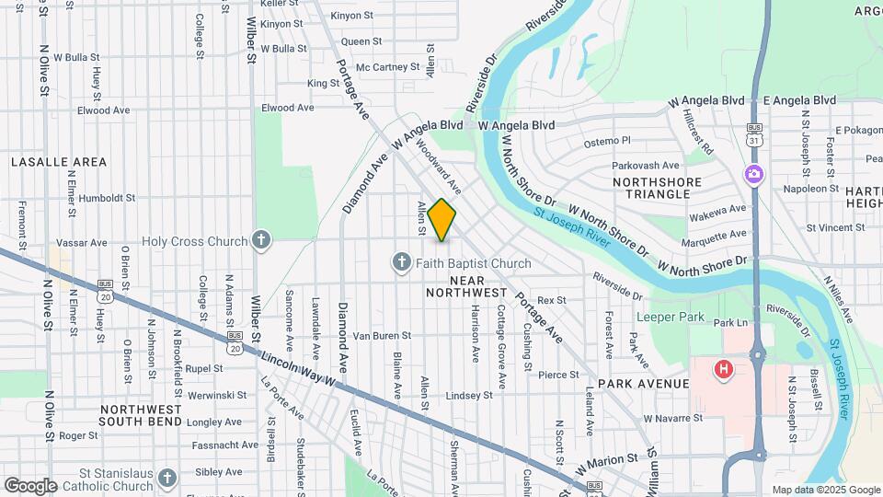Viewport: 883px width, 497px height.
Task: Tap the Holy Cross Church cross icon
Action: (x=262, y=241)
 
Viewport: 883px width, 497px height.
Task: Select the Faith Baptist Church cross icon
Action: (x=401, y=263)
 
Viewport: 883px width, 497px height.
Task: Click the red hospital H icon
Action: (x=724, y=370)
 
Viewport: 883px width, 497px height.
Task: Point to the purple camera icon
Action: (x=753, y=173)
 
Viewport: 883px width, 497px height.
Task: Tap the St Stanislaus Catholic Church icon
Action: (x=166, y=478)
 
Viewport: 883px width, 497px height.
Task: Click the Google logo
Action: (x=30, y=485)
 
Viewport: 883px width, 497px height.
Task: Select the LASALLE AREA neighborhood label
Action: (x=59, y=162)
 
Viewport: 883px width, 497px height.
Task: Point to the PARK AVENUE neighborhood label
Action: (x=643, y=383)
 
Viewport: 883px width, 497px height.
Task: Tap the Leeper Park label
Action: (x=671, y=318)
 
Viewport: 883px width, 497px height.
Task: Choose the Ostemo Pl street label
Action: (x=608, y=142)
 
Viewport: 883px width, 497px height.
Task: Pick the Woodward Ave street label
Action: (x=438, y=166)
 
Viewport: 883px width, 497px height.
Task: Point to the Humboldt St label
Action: (x=107, y=197)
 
